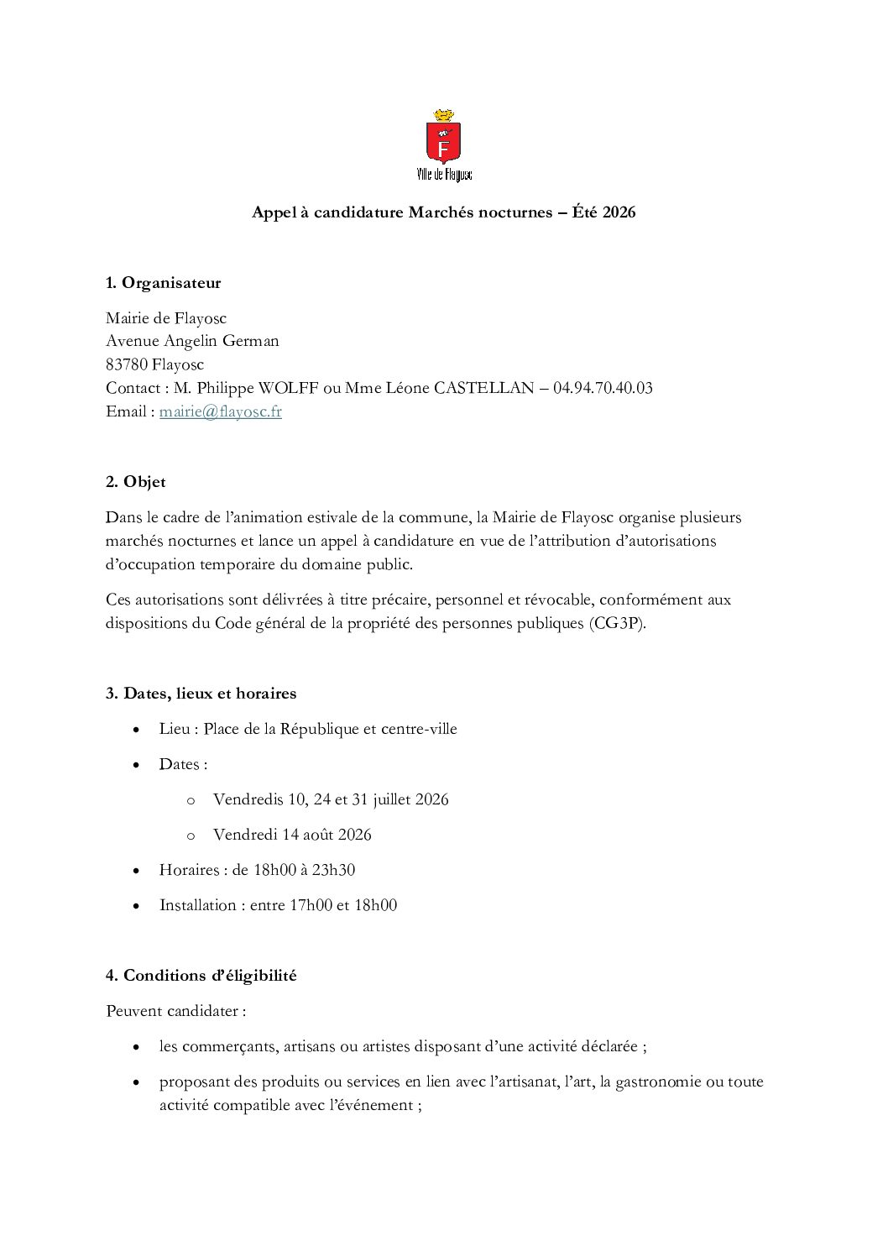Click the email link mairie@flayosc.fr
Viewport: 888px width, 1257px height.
coord(220,411)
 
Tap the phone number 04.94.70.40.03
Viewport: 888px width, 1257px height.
coord(603,388)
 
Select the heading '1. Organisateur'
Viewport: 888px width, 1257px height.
coord(164,283)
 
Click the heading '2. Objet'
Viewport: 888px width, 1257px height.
coord(136,482)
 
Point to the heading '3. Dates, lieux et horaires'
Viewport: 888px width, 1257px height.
coord(201,694)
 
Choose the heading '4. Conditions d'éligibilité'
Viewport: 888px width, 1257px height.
coord(201,976)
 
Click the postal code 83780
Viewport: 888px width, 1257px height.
coord(127,364)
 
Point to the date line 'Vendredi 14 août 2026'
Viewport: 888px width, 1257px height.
coord(292,835)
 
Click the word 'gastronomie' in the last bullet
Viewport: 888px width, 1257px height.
coord(658,1082)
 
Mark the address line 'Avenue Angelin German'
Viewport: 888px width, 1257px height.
coord(192,341)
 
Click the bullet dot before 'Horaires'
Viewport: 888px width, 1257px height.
coord(136,871)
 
